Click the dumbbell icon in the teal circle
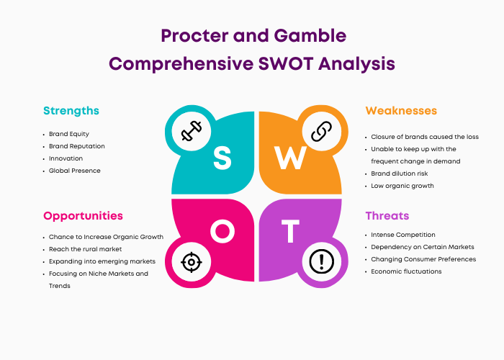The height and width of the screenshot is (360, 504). click(x=192, y=131)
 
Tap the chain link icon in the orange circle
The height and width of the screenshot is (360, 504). click(x=321, y=131)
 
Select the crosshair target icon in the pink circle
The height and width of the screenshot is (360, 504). click(x=192, y=262)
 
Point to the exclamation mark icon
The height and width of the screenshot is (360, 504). click(x=321, y=261)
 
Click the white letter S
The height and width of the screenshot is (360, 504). click(x=222, y=158)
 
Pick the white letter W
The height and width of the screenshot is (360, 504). click(x=290, y=158)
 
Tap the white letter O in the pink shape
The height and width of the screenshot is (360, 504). click(x=222, y=231)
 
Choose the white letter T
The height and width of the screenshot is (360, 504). click(x=291, y=231)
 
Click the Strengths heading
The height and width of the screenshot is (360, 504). click(x=71, y=111)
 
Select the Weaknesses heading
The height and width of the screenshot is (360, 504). click(x=401, y=111)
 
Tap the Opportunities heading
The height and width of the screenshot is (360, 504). click(x=83, y=216)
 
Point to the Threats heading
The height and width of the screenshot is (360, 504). click(x=387, y=216)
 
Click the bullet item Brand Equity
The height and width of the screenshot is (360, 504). click(x=69, y=134)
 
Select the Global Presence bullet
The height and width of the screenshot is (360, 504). click(x=75, y=171)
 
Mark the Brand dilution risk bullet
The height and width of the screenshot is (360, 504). click(x=399, y=174)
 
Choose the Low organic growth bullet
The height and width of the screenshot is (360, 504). click(x=402, y=186)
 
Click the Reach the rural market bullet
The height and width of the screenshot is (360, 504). click(x=85, y=249)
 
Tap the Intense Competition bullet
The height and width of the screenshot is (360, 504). click(x=403, y=235)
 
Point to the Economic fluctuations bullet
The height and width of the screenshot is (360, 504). click(x=406, y=271)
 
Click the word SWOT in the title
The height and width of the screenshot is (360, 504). click(x=286, y=63)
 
